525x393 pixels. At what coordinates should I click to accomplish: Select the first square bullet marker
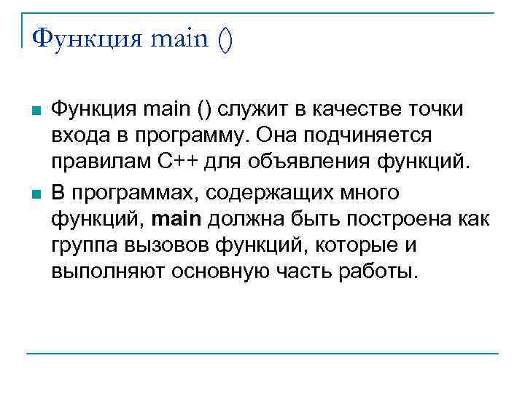point(34,111)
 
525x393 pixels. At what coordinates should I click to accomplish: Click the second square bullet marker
point(34,193)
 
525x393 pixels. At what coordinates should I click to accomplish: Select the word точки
point(437,110)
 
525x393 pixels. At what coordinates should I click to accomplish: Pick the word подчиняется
point(371,137)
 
